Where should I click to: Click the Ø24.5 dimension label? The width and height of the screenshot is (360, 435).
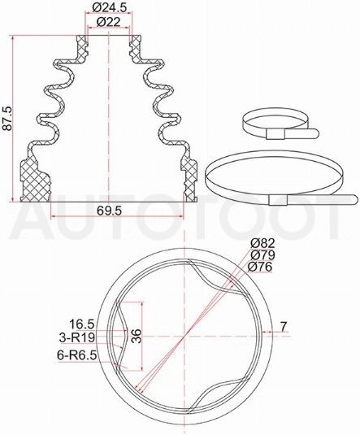[109, 8]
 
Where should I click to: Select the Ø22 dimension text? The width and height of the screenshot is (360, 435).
[109, 22]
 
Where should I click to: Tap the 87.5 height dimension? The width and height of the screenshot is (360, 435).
[7, 118]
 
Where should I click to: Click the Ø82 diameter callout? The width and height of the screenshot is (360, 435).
[262, 244]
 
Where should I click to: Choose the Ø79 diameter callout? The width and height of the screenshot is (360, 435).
[262, 255]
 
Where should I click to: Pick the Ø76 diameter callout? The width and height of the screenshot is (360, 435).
[260, 267]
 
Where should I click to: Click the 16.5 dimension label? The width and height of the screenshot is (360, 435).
[82, 324]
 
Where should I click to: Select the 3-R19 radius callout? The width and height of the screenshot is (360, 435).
[77, 337]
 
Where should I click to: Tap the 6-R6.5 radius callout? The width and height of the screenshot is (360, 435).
[77, 355]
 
